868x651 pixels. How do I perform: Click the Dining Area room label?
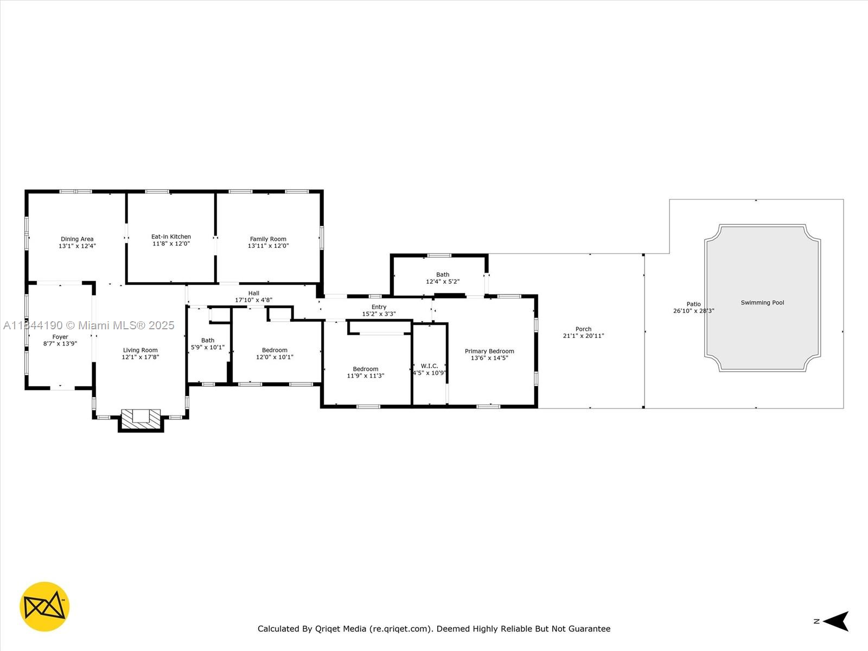pyautogui.click(x=77, y=239)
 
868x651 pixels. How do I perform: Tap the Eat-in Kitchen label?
pyautogui.click(x=171, y=237)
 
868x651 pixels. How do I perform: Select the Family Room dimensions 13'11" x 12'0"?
pyautogui.click(x=268, y=246)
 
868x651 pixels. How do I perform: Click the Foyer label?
pyautogui.click(x=60, y=337)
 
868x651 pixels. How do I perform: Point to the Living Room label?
pyautogui.click(x=141, y=350)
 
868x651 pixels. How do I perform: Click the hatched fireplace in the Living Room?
pyautogui.click(x=141, y=419)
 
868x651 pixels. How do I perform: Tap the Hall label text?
pyautogui.click(x=254, y=293)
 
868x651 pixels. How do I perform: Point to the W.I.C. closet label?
pyautogui.click(x=430, y=366)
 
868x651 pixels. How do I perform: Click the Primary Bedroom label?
pyautogui.click(x=489, y=351)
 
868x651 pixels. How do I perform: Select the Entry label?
pyautogui.click(x=379, y=307)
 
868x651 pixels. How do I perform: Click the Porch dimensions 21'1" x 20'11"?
pyautogui.click(x=584, y=336)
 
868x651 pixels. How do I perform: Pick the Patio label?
pyautogui.click(x=694, y=304)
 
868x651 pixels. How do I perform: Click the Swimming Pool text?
pyautogui.click(x=762, y=303)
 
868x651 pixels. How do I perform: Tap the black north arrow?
pyautogui.click(x=836, y=621)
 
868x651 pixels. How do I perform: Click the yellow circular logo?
pyautogui.click(x=44, y=607)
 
